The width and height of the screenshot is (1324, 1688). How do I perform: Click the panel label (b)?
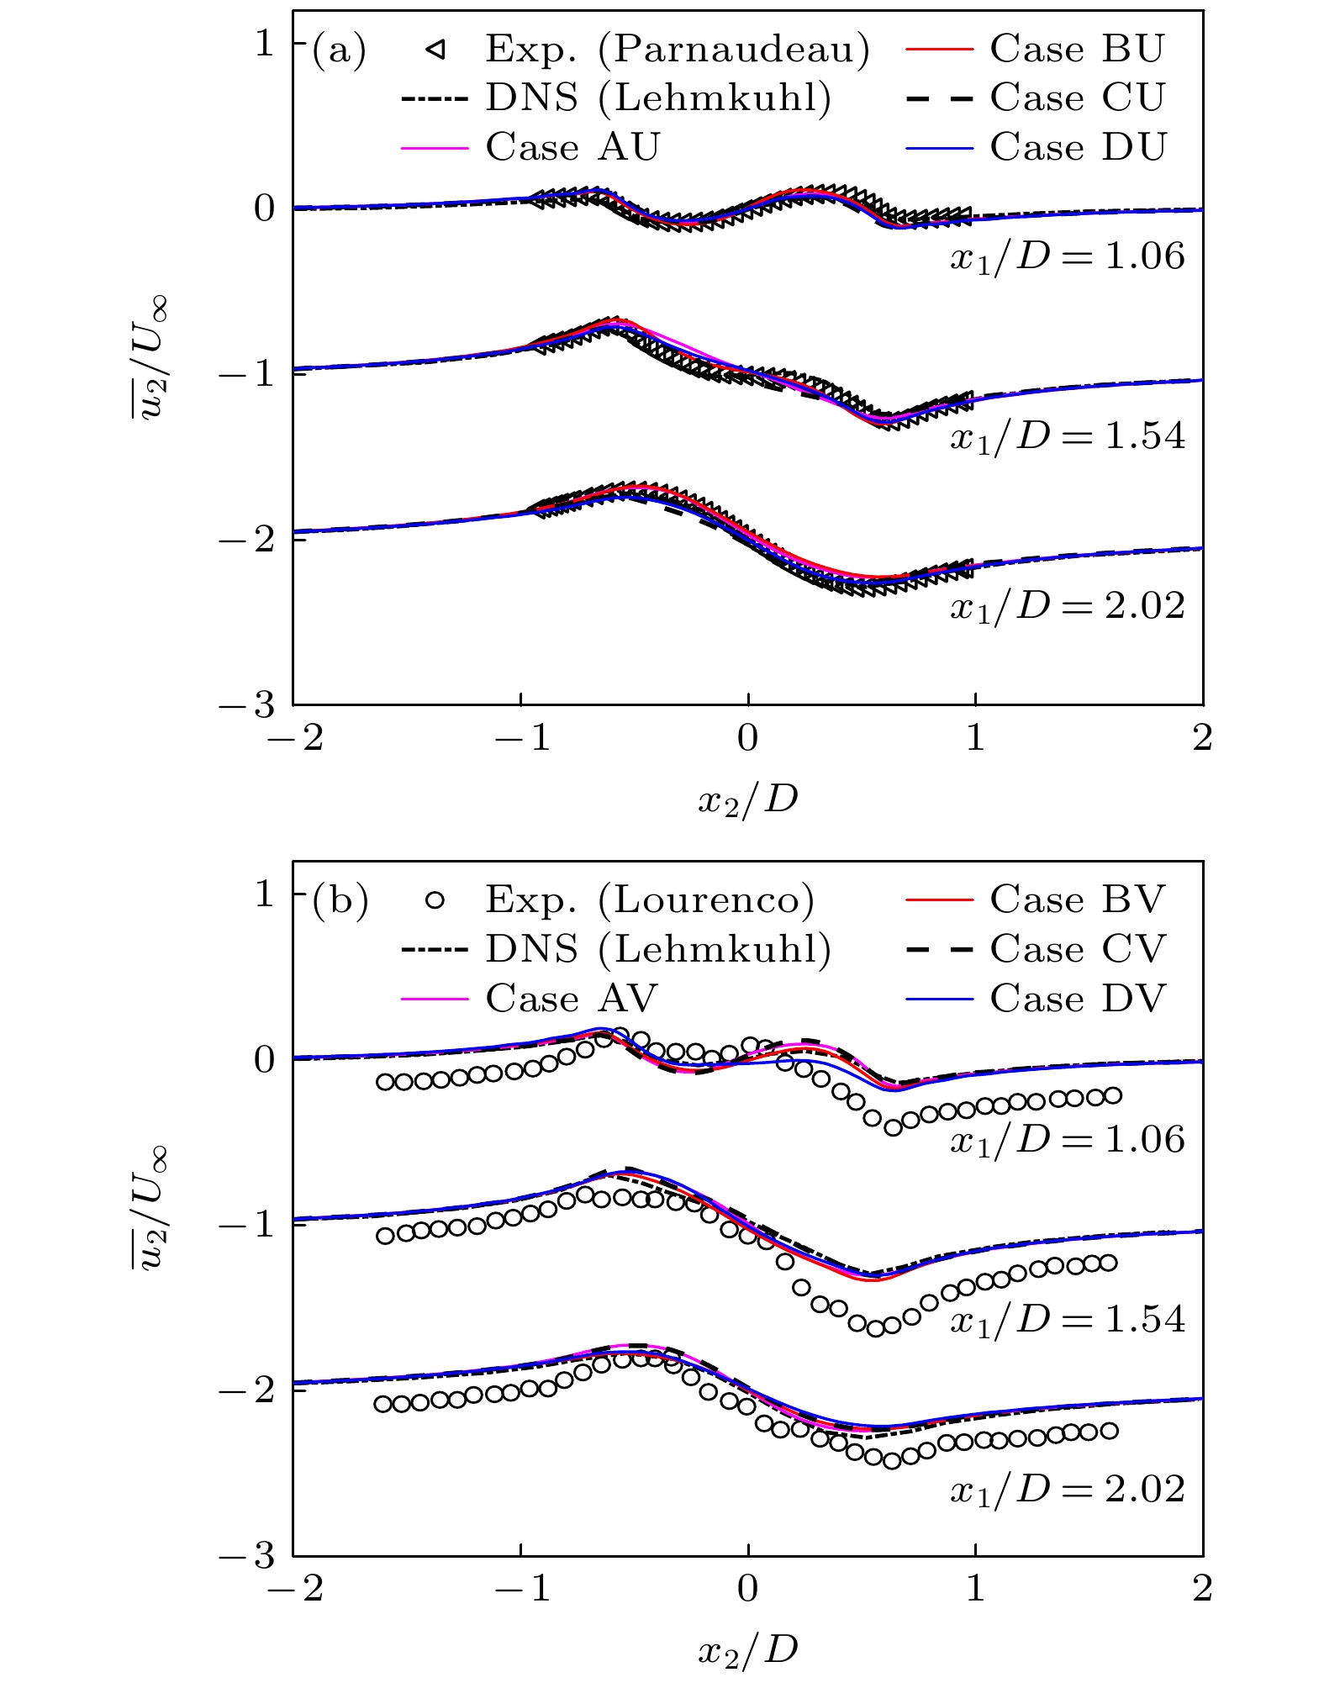point(340,901)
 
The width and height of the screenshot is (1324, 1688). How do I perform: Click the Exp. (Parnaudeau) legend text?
point(678,50)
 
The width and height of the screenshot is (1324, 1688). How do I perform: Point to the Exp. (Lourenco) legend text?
point(650,900)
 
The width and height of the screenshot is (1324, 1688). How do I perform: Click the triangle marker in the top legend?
point(435,50)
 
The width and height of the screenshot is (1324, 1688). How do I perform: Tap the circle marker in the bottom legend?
point(435,900)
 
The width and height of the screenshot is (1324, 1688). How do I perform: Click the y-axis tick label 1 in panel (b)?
point(265,894)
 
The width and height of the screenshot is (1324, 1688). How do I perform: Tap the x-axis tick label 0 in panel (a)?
point(747,738)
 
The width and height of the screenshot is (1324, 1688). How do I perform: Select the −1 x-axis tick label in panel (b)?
point(521,1589)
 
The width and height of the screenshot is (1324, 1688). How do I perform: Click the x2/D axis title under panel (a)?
point(747,799)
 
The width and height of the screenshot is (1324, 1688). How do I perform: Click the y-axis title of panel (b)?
point(150,1209)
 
